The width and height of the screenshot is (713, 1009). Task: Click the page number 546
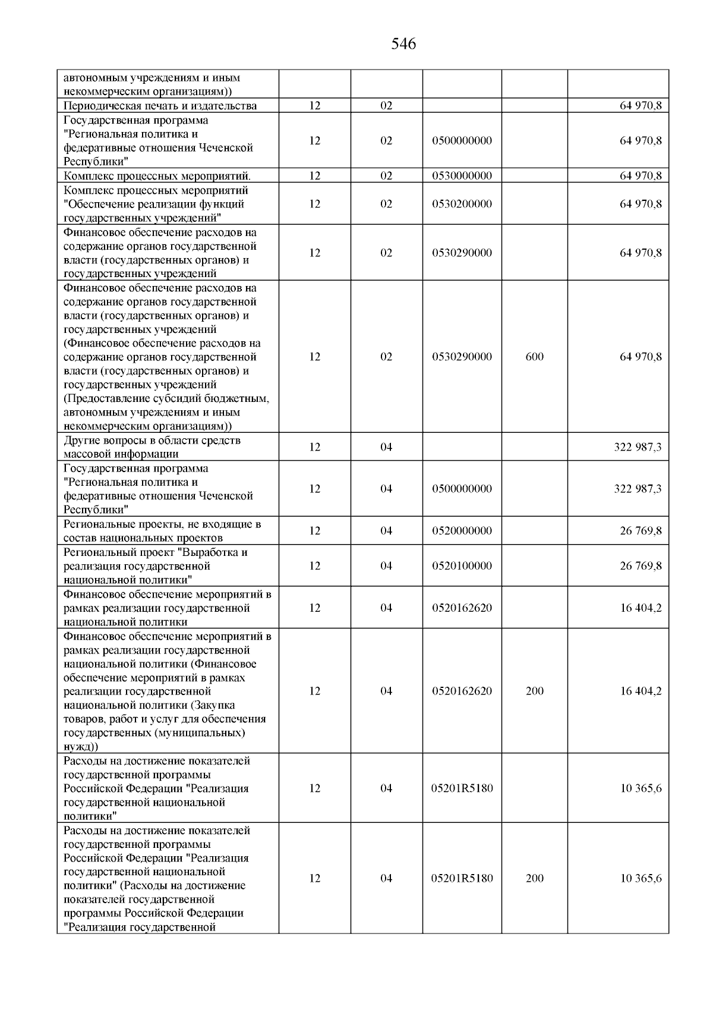tap(403, 44)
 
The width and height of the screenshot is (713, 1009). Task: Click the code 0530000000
tap(462, 176)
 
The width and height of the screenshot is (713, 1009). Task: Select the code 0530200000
tap(462, 204)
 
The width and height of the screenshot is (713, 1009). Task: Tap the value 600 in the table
tap(534, 357)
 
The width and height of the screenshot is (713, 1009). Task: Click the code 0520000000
tap(462, 531)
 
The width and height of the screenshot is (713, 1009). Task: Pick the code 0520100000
tap(462, 566)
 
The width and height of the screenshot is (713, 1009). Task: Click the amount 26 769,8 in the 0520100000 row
tap(641, 566)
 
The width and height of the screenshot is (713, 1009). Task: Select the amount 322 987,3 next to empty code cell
tap(637, 447)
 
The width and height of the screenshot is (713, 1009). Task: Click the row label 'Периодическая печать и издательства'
tap(160, 106)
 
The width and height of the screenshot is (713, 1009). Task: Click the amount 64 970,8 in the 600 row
tap(641, 357)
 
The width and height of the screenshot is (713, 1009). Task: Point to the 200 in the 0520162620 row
tap(534, 691)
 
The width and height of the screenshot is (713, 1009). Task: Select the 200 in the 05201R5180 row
tap(534, 879)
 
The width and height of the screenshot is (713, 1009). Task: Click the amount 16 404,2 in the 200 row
tap(641, 691)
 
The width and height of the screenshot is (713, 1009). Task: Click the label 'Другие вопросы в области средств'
tap(152, 441)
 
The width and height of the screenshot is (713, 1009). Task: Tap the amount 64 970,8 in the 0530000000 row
tap(641, 176)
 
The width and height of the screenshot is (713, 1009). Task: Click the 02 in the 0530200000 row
tap(386, 204)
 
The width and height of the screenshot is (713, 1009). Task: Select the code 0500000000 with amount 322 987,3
tap(462, 489)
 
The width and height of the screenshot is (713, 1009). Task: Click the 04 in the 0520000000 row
tap(386, 531)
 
